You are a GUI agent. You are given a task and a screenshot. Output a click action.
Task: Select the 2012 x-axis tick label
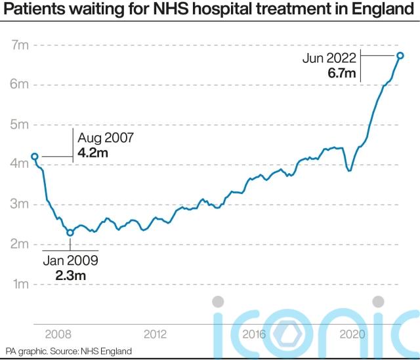pos(154,334)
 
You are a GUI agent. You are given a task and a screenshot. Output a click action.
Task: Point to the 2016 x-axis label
pos(253,334)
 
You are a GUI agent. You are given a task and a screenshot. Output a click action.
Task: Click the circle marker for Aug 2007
pos(35,157)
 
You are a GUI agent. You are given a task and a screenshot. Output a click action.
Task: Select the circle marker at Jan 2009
pos(70,232)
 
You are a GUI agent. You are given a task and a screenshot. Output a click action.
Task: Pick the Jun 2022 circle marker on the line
pos(400,56)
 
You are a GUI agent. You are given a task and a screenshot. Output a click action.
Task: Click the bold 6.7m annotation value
pos(342,73)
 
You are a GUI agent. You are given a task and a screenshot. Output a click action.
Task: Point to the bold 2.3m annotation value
pos(70,275)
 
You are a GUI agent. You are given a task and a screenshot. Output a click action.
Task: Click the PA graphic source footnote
pos(69,351)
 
